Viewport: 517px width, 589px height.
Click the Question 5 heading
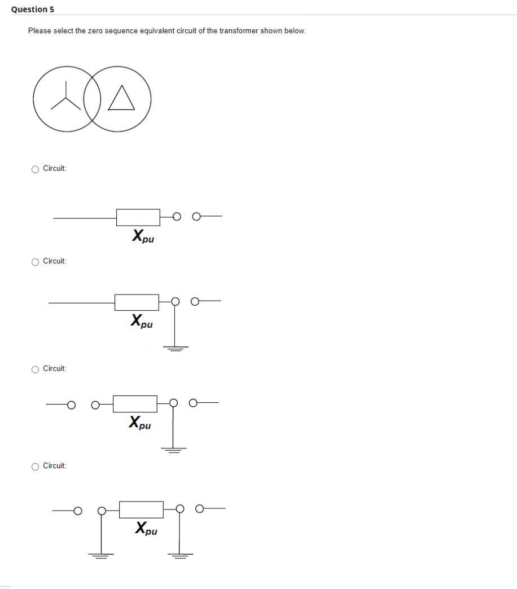coord(33,10)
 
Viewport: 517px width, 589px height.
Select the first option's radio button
coord(36,169)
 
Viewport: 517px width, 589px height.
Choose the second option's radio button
coord(36,261)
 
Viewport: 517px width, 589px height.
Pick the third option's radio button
coord(36,369)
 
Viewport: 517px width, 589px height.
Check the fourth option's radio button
coord(36,466)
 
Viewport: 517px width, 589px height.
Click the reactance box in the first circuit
coord(138,216)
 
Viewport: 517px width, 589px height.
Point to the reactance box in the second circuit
coord(137,302)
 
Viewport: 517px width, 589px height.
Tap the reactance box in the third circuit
coord(135,403)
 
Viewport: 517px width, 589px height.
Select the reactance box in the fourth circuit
coord(142,509)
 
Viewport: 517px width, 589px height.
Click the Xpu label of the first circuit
coord(143,236)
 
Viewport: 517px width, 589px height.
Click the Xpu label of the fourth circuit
coord(146,529)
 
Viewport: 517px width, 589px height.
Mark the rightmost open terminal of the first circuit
coord(196,216)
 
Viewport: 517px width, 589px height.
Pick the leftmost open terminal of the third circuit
coord(71,403)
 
